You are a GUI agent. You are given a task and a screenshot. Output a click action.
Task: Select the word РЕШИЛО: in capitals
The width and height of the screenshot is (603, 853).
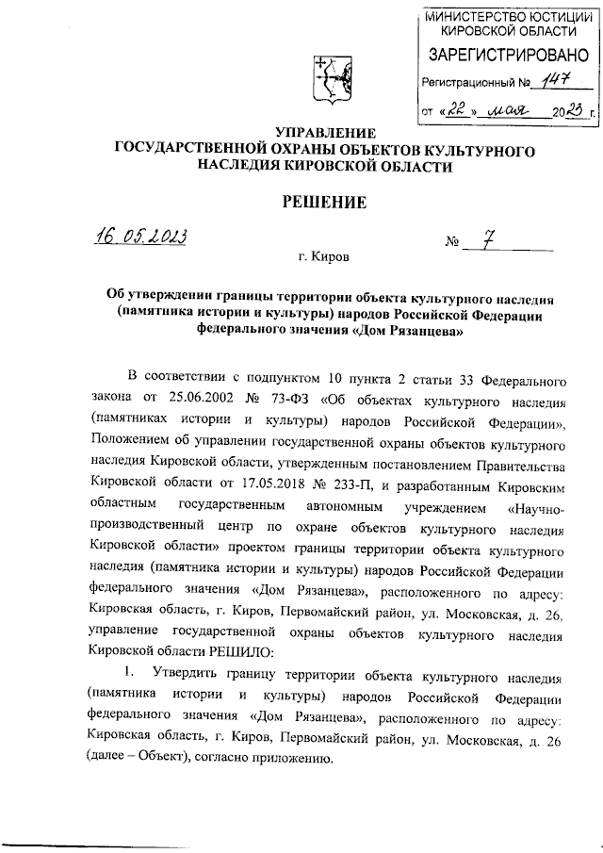click(x=238, y=651)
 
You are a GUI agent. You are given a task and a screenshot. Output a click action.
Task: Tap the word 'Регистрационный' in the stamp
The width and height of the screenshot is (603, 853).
click(x=468, y=84)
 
